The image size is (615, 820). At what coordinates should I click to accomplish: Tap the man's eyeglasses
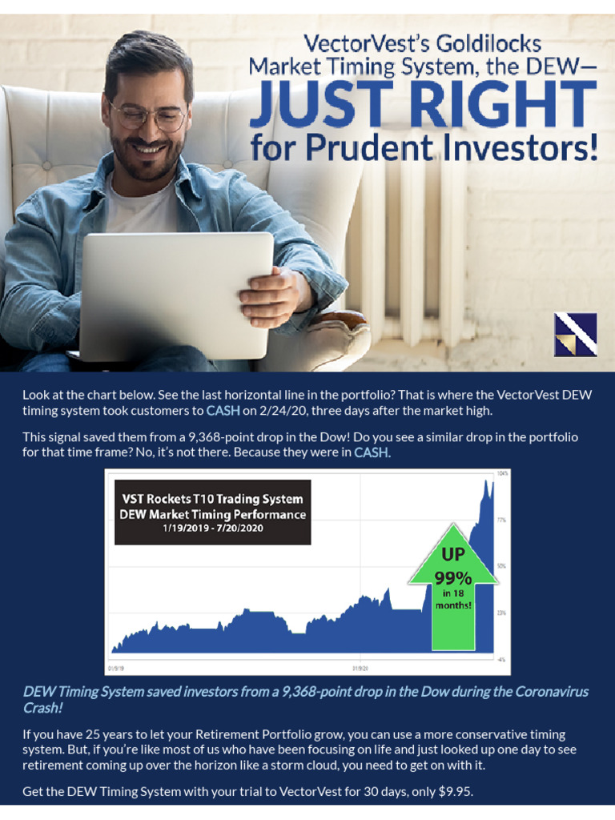pos(148,117)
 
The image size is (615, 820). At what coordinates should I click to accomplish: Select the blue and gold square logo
pos(575,334)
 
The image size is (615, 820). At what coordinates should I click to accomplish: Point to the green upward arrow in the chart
pos(452,593)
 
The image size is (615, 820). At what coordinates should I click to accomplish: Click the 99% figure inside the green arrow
pos(453,577)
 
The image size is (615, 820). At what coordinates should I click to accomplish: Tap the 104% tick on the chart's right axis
pos(503,473)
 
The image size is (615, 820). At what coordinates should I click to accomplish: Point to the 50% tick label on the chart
pos(502,566)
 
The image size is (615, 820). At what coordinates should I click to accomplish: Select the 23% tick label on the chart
pos(502,613)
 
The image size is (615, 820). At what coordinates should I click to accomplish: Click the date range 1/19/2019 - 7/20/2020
pos(212,529)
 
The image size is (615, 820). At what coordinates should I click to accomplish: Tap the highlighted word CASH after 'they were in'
pos(371,452)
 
